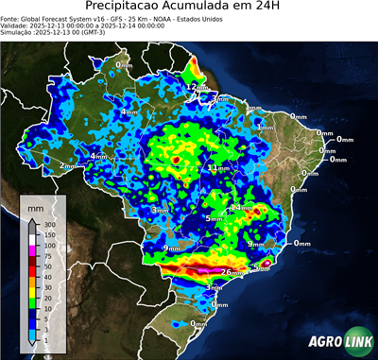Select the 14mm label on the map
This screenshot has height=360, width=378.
tap(241, 206)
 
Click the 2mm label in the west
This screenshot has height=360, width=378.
tap(68, 166)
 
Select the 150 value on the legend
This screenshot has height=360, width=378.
tap(48, 235)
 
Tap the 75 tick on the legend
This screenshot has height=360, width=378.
tap(46, 256)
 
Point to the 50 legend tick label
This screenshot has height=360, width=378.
tap(46, 266)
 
